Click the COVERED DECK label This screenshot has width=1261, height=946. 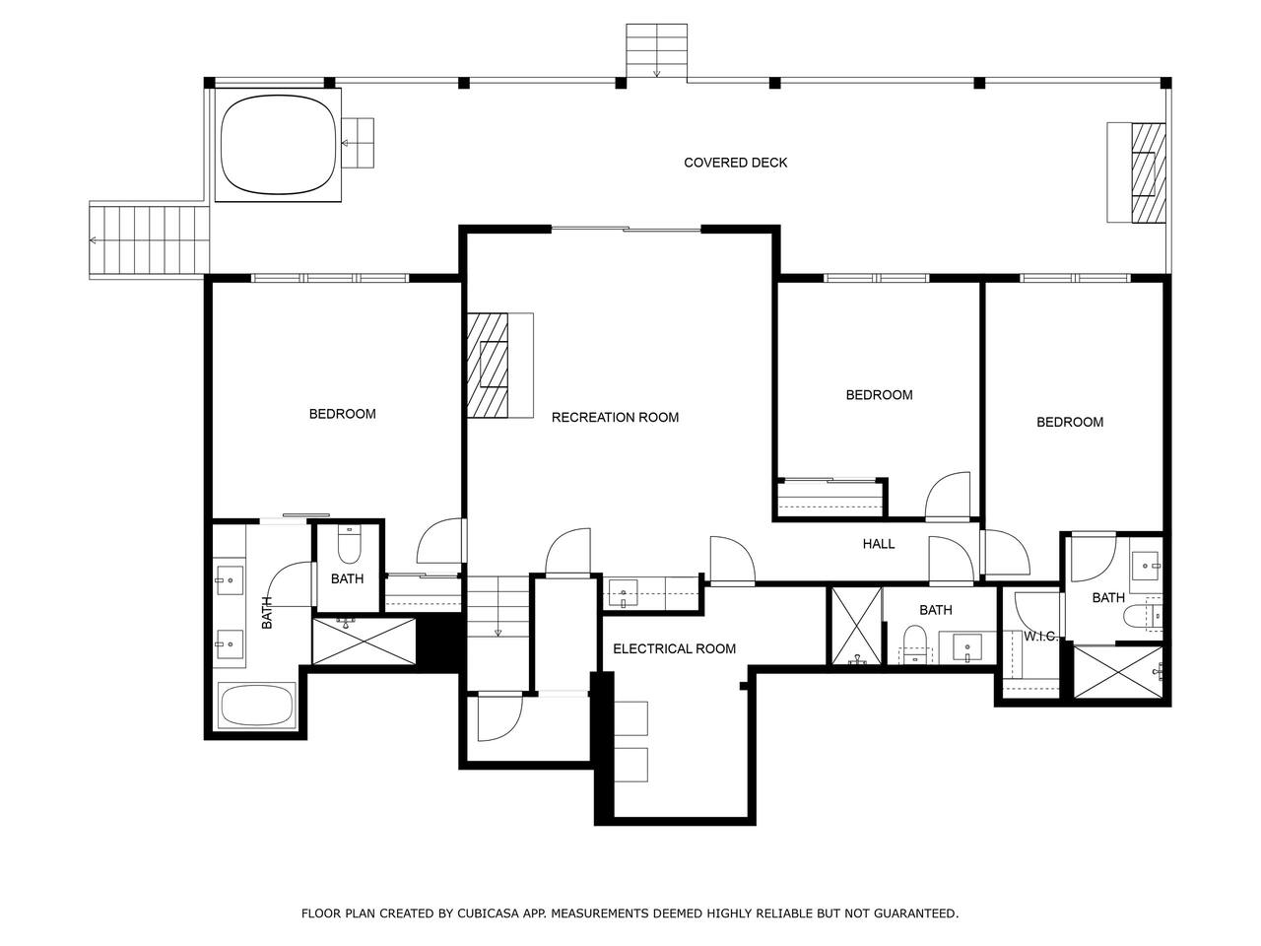coord(735,163)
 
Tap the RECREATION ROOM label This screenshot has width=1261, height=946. coord(615,417)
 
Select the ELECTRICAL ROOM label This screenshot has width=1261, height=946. coord(674,648)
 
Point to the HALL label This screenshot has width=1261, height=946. coord(878,543)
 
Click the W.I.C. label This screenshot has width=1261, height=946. coord(1040,636)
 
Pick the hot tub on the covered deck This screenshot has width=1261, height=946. coord(278,144)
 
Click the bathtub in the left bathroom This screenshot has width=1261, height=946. coord(257,705)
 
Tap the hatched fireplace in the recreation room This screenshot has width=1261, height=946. coord(488,365)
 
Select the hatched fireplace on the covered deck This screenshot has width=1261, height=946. coord(1148,172)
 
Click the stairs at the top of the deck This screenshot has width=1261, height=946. coord(656,50)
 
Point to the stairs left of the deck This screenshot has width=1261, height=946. coord(150,240)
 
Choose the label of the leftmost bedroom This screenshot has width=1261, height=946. coord(343,414)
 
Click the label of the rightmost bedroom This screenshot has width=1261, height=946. coord(1069,422)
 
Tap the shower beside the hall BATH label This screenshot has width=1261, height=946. coord(856,626)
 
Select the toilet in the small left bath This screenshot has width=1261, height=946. coord(349,544)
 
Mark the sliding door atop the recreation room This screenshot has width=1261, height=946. coord(627,230)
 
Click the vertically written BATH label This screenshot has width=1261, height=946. coord(267,612)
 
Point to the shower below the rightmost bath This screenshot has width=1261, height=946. coord(1118,671)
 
